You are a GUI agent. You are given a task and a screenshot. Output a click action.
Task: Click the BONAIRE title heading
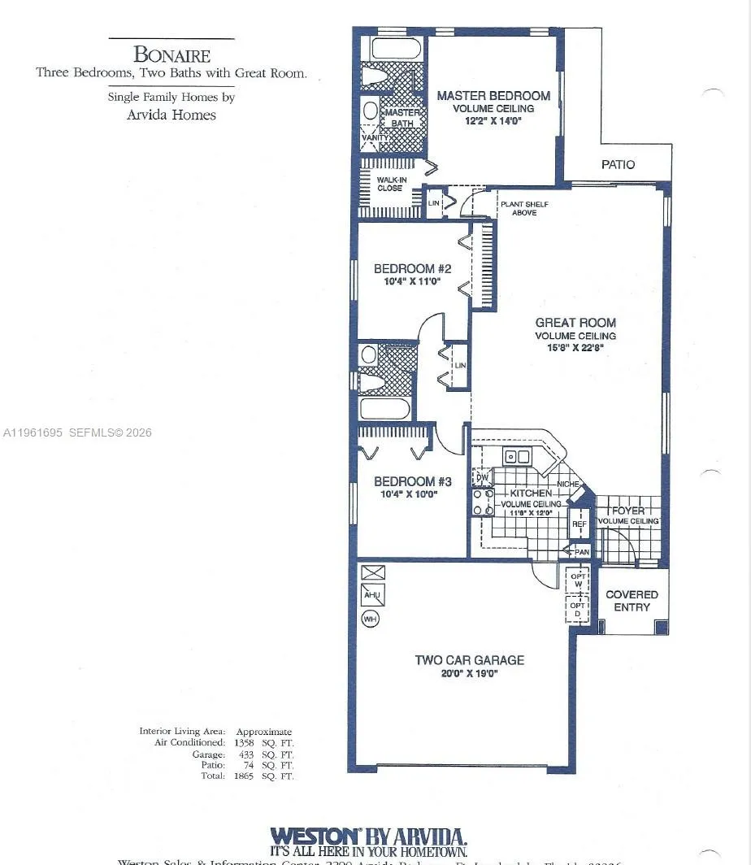click(x=171, y=55)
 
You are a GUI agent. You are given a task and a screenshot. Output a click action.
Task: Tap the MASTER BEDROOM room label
click(x=493, y=96)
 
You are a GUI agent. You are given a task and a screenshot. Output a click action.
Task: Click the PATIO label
click(x=618, y=164)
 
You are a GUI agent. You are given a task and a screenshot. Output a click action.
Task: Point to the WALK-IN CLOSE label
click(x=391, y=184)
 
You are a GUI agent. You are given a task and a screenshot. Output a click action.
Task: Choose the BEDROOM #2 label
click(x=412, y=269)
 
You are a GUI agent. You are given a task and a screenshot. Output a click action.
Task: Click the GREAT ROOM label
click(x=575, y=323)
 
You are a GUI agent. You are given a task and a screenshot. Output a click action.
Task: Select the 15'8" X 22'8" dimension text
click(x=575, y=347)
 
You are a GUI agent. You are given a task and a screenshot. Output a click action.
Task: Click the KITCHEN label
click(x=531, y=493)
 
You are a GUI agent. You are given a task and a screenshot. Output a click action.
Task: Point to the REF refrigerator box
click(x=579, y=524)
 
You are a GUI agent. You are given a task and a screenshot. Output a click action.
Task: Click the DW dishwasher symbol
click(x=482, y=477)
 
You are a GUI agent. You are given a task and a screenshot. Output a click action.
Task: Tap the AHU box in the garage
click(x=372, y=594)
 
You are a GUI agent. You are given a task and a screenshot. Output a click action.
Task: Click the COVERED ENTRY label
click(x=632, y=601)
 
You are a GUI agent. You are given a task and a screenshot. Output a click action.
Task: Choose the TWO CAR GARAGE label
click(x=469, y=660)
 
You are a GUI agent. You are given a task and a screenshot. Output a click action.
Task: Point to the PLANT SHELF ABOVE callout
click(x=518, y=208)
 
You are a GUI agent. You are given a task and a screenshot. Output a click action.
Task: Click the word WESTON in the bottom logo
click(x=315, y=836)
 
